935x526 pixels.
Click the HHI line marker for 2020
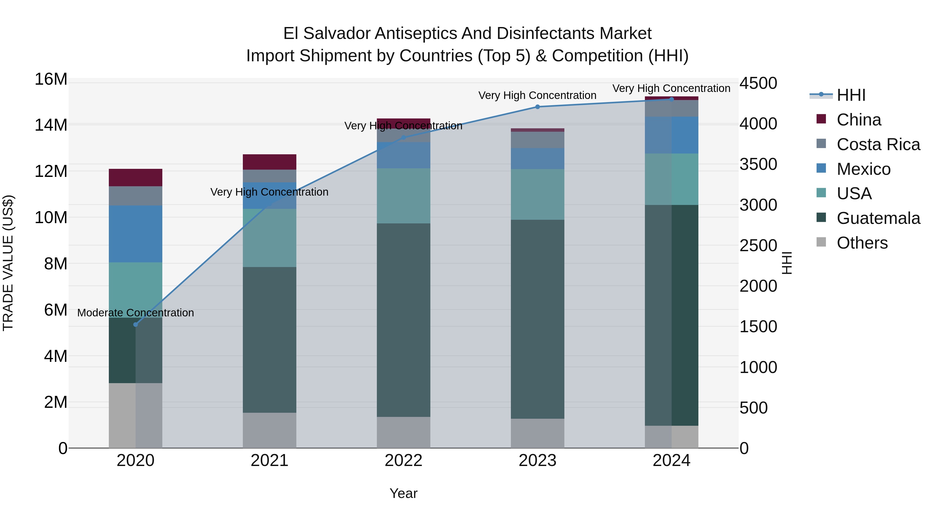click(x=136, y=324)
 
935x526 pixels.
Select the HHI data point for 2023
click(x=538, y=107)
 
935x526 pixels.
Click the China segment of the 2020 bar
click(x=136, y=177)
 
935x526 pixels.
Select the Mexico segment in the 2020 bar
click(x=136, y=234)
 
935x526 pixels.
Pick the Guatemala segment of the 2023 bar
click(x=538, y=319)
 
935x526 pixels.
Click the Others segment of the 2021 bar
click(x=270, y=430)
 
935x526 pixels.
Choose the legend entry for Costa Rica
click(x=878, y=144)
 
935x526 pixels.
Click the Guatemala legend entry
click(x=878, y=218)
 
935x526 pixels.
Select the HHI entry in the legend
click(x=851, y=95)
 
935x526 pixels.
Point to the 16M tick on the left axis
click(x=51, y=79)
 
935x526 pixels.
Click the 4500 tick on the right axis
click(x=758, y=83)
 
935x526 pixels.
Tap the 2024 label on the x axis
click(x=671, y=461)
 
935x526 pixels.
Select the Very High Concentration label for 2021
click(x=269, y=192)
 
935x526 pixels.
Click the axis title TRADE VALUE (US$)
click(x=8, y=263)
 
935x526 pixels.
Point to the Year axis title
click(x=404, y=493)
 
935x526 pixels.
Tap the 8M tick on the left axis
click(x=56, y=264)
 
